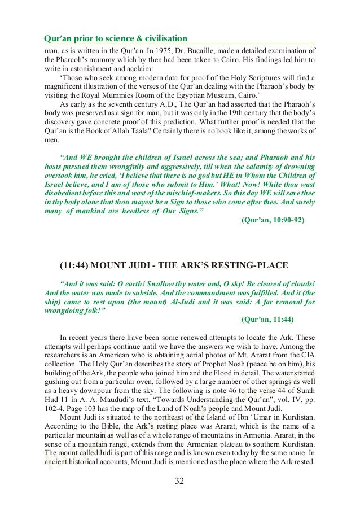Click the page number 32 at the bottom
179,482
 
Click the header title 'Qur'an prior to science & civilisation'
115,38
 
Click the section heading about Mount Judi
173,265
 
